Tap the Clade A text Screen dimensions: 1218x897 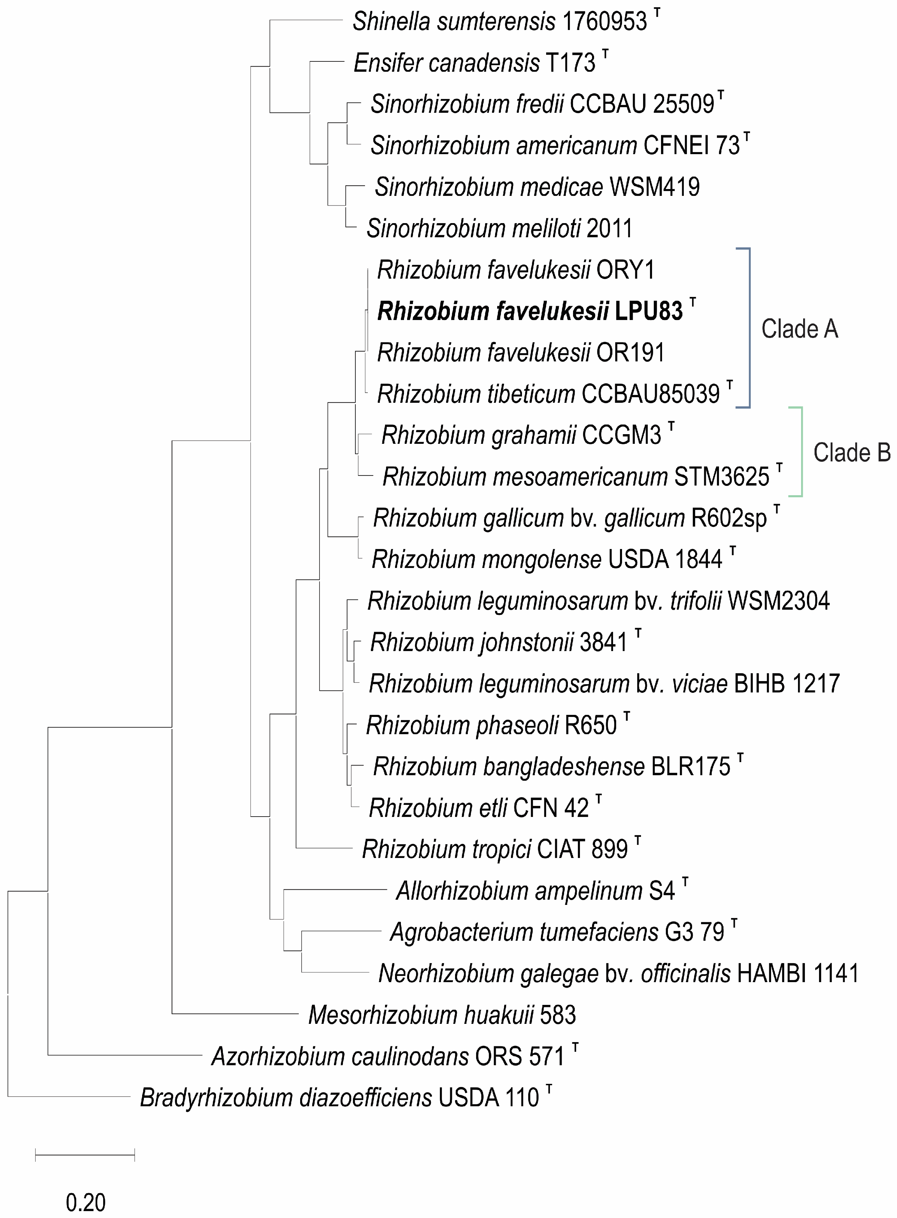pos(799,329)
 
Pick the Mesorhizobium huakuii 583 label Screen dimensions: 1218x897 pos(442,1015)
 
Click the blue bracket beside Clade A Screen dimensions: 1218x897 pos(749,328)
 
